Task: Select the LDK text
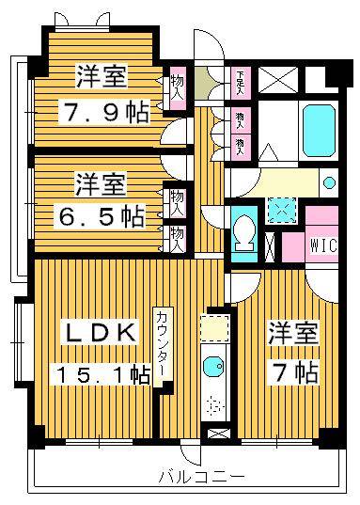click(101, 333)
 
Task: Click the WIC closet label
click(321, 246)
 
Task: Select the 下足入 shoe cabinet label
click(242, 78)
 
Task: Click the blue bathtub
click(321, 124)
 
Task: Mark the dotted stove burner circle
click(214, 405)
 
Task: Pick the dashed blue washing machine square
click(280, 211)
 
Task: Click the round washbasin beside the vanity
click(328, 182)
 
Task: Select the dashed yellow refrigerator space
click(213, 328)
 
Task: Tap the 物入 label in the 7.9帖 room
click(177, 87)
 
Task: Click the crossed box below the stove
click(216, 434)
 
